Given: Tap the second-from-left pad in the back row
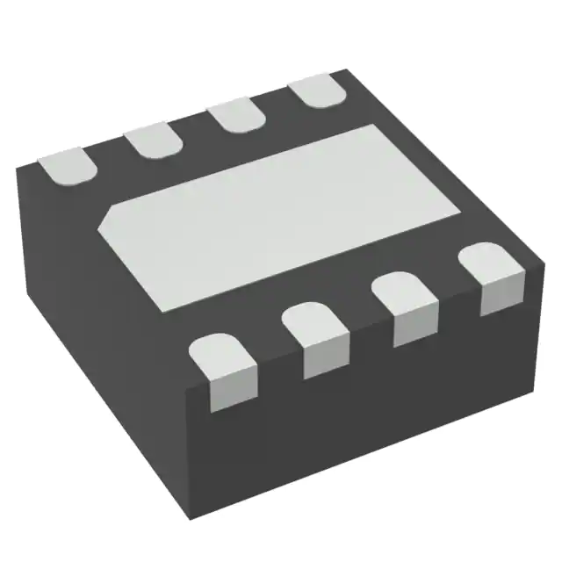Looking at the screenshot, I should point(154,140).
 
